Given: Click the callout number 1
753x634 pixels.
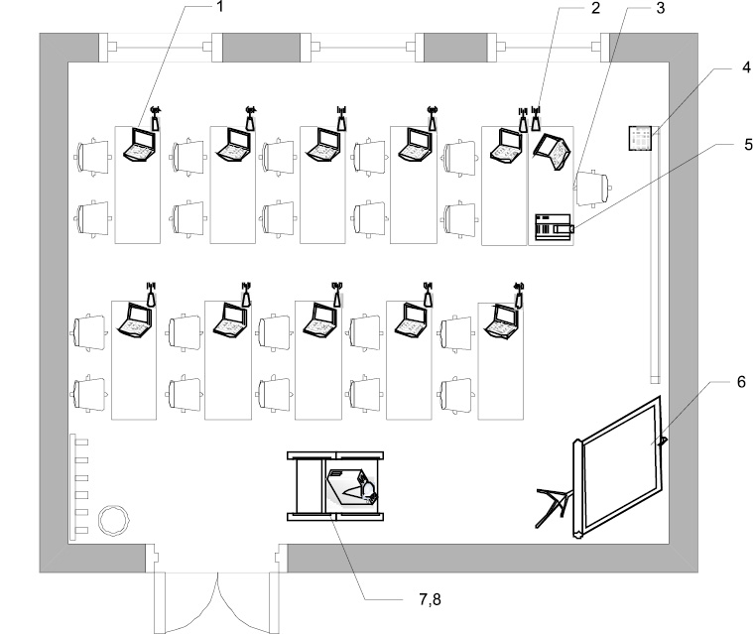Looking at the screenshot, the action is (220, 7).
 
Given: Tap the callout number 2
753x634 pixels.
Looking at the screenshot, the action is (595, 8).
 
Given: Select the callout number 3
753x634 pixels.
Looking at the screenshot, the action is (661, 8).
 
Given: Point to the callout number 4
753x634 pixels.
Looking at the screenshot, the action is (746, 66).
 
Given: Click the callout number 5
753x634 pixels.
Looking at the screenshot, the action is (748, 144).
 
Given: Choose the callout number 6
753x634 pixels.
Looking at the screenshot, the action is (741, 382).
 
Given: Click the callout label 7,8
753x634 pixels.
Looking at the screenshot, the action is (430, 599).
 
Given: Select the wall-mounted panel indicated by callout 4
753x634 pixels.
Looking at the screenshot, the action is (641, 138).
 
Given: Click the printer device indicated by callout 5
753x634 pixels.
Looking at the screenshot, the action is (555, 226).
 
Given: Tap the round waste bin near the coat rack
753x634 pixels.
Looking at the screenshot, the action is (114, 520).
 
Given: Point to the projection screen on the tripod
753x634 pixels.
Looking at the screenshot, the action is (619, 466).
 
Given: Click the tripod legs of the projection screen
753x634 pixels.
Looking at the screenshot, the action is (554, 505).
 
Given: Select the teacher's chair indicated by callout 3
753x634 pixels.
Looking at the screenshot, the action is (593, 189).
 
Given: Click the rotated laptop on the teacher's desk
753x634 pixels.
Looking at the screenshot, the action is (553, 151).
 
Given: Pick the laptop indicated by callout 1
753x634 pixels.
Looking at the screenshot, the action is (140, 145).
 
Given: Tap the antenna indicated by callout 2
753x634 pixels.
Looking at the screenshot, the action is (536, 119).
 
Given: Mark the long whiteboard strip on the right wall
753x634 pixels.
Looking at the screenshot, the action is (656, 255).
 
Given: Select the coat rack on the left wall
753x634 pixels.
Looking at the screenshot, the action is (78, 487).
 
